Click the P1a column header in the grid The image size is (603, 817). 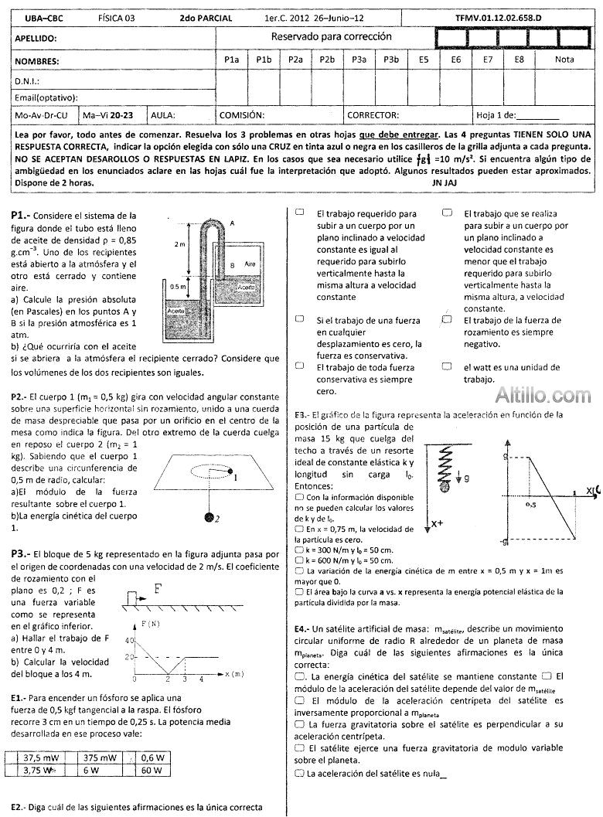coord(231,59)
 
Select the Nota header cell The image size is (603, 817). coord(564,59)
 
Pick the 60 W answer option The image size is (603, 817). coord(152,770)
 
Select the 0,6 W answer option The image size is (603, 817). coord(152,757)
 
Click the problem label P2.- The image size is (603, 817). coord(20,397)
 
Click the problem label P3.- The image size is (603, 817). coord(21,554)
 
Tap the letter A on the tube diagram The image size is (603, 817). coord(232,223)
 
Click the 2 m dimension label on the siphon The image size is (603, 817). coord(180,244)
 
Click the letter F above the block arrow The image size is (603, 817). coord(158,588)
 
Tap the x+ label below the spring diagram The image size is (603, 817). coord(437,523)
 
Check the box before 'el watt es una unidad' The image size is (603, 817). coord(447,367)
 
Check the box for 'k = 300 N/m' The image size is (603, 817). coord(299,550)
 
